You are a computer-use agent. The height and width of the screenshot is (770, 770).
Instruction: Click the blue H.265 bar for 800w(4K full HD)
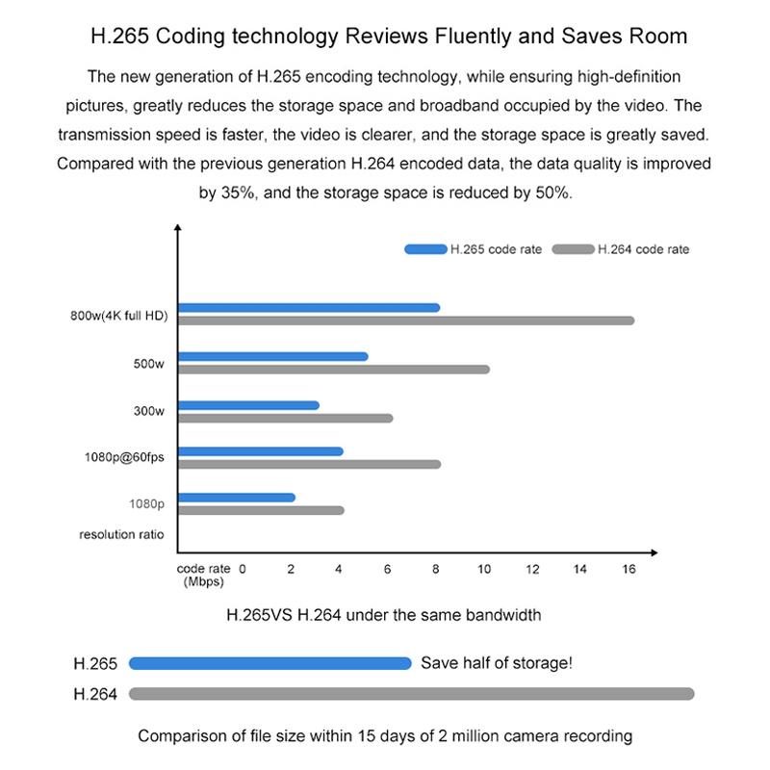click(x=309, y=308)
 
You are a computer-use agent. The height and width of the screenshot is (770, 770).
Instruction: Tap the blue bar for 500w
click(x=273, y=357)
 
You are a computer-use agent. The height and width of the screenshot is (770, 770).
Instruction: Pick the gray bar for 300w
click(x=285, y=418)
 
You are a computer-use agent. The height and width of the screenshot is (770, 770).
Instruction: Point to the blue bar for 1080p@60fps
click(x=261, y=451)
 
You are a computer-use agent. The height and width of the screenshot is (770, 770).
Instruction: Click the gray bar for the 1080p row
click(x=261, y=510)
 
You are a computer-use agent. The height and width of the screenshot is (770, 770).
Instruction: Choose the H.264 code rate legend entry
click(x=621, y=249)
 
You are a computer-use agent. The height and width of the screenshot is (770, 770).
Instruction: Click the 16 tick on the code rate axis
click(x=629, y=570)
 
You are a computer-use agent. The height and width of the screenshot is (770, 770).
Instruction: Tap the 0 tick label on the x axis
click(x=243, y=570)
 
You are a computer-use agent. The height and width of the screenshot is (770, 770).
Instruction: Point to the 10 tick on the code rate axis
click(x=484, y=570)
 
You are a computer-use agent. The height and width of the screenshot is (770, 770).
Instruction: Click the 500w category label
click(x=149, y=364)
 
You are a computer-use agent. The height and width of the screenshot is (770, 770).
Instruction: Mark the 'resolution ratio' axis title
click(x=121, y=534)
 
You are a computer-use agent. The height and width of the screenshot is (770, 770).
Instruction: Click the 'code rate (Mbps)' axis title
click(x=203, y=575)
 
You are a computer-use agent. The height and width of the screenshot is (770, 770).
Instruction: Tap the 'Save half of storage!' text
click(x=497, y=663)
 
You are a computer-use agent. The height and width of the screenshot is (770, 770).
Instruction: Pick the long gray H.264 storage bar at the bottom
click(x=411, y=694)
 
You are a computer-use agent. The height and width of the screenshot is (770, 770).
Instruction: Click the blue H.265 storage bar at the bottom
click(x=269, y=663)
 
